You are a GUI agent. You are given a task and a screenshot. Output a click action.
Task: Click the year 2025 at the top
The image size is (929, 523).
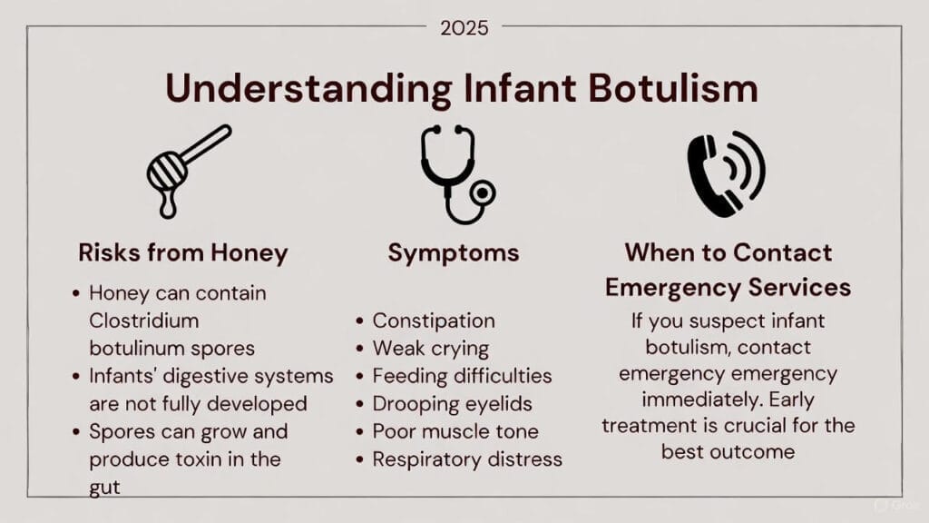tap(464, 28)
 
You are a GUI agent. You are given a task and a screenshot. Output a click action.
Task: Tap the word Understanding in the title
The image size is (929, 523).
tap(307, 89)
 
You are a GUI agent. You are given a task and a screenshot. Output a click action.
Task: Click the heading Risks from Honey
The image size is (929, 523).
tap(182, 252)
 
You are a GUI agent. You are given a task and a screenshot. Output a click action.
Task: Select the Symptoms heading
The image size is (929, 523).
tap(453, 252)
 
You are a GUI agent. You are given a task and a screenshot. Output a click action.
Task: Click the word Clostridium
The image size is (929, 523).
tap(143, 321)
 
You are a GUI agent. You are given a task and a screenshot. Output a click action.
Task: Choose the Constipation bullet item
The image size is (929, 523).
tap(433, 321)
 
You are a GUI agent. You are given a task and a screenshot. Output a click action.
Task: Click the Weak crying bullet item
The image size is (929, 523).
tap(430, 348)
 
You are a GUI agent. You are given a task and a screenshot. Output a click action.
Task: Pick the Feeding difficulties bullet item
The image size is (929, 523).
tap(462, 376)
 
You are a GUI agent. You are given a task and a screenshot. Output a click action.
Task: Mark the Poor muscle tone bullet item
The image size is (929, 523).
tap(455, 431)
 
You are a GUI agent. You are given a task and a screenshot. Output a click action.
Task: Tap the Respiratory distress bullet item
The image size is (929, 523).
tap(466, 459)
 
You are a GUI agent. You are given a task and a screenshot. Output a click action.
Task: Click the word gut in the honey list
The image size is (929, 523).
tap(105, 487)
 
